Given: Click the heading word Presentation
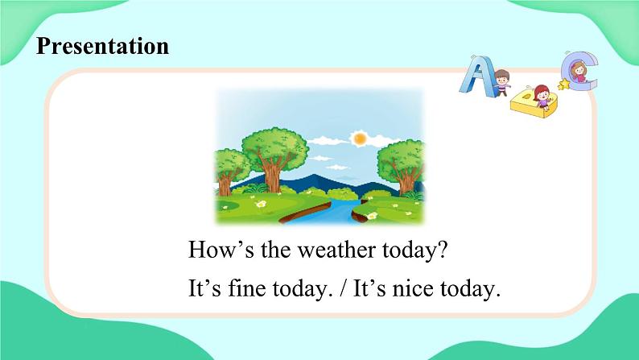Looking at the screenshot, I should coord(103,46).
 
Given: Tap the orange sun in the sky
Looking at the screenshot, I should coord(359,139).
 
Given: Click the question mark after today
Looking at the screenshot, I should coord(440,250).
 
